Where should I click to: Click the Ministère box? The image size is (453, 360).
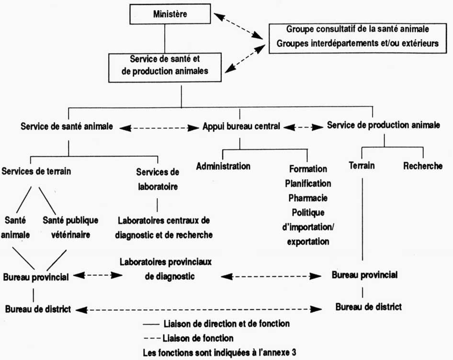[164, 15]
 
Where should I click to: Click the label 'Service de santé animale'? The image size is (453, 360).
[67, 127]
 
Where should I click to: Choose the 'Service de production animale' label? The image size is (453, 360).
[383, 125]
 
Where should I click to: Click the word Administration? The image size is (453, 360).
[223, 166]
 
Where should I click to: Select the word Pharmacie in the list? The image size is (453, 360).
[308, 197]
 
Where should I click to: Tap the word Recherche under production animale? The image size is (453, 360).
[422, 166]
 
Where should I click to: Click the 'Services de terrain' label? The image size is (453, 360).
[36, 171]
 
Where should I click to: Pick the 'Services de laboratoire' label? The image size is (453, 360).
[157, 179]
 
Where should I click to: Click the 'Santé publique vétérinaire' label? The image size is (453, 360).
[70, 227]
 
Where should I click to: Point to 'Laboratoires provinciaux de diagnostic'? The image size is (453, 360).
[166, 270]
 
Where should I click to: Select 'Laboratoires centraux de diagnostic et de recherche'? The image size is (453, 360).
[165, 227]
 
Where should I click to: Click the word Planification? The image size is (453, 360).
[308, 183]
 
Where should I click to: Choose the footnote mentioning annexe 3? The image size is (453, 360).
[220, 352]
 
